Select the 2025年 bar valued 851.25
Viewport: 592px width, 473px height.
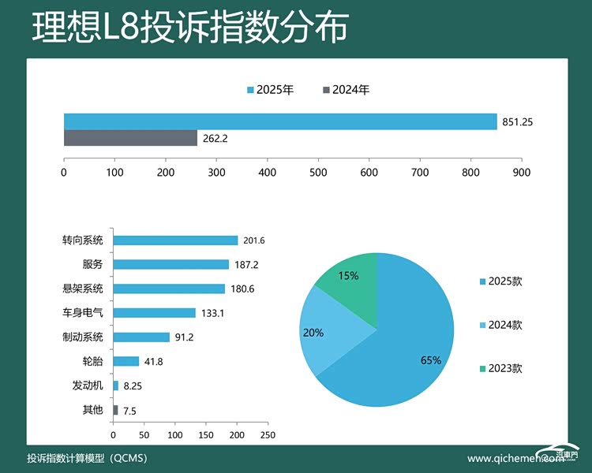[x=280, y=121]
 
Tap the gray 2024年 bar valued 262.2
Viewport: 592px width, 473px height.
[x=130, y=138]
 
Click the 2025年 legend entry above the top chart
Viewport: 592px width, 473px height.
[x=271, y=90]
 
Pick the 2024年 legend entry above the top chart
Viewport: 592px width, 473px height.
[x=347, y=90]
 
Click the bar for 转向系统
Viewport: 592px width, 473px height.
[x=175, y=240]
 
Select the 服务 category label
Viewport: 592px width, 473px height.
[x=92, y=264]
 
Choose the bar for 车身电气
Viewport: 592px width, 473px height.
[x=154, y=313]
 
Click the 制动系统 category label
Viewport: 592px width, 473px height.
[x=83, y=337]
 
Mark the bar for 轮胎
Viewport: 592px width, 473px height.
[x=126, y=361]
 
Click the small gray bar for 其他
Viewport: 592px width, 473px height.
[x=115, y=410]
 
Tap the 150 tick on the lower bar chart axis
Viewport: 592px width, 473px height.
[x=206, y=434]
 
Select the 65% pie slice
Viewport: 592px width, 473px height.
[x=403, y=347]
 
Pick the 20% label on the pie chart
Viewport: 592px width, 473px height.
[x=313, y=333]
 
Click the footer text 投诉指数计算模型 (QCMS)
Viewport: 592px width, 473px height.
[x=87, y=458]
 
